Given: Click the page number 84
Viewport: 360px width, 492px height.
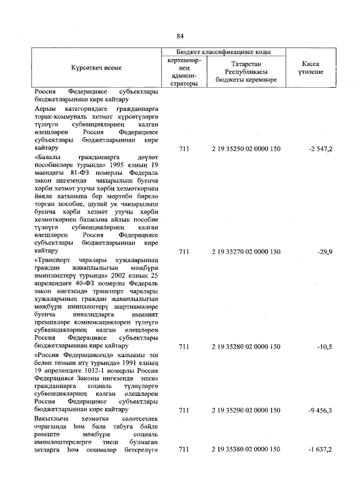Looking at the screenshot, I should click(x=180, y=37).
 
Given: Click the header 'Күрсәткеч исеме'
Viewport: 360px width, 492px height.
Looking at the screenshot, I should click(x=96, y=68).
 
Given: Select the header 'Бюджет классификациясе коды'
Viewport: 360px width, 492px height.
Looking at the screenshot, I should click(x=225, y=52).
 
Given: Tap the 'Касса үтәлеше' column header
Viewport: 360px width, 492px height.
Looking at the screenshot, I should click(x=310, y=67).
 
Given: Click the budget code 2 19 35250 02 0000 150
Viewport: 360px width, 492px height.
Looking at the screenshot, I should click(x=246, y=149).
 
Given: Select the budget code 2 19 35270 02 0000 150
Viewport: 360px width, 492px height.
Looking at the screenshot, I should click(x=246, y=252).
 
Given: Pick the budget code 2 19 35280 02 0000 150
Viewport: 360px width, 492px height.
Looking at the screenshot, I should click(x=246, y=347).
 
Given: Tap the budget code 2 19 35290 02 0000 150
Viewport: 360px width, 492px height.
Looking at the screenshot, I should click(x=246, y=410).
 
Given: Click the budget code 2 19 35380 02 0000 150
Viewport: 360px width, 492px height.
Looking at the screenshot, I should click(x=246, y=450).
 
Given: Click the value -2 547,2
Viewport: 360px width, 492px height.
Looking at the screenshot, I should click(x=320, y=149).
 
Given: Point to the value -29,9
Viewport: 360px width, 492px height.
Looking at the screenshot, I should click(x=325, y=252).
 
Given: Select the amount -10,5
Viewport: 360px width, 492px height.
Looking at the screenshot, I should click(x=325, y=347).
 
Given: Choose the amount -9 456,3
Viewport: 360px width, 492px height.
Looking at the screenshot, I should click(x=320, y=410).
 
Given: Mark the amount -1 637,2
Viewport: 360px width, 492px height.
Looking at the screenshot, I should click(x=320, y=450).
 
